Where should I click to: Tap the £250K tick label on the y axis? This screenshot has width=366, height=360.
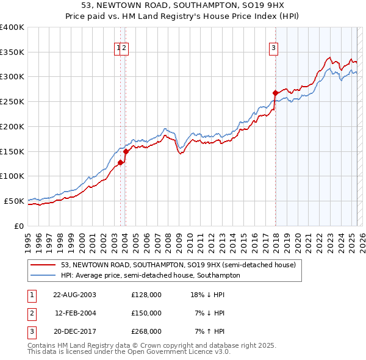12,101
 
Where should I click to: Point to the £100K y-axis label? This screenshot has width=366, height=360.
12,176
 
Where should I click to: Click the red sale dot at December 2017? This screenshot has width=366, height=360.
275,93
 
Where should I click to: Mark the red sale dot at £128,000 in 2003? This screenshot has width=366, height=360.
121,162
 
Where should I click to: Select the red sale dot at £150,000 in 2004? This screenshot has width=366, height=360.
126,151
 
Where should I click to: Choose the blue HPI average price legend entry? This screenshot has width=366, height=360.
150,275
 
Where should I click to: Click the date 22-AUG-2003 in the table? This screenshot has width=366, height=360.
74,295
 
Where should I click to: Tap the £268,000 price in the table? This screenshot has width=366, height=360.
146,331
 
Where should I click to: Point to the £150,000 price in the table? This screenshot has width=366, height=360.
146,313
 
